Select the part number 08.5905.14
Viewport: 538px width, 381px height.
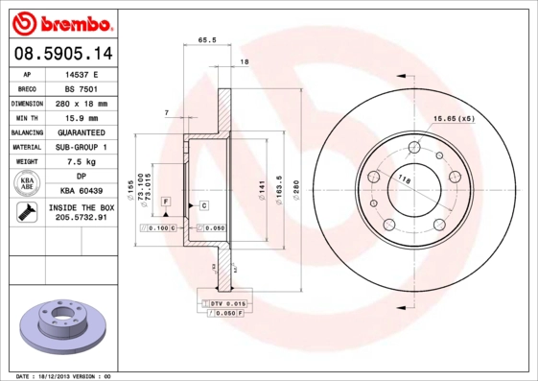[x=58, y=54]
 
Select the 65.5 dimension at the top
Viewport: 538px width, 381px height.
[x=205, y=40]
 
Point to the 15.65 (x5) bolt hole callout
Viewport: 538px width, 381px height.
[x=454, y=119]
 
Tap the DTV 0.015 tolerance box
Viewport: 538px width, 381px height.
[x=222, y=303]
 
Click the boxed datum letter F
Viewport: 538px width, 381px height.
[x=165, y=201]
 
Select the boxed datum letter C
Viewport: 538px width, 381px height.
[x=204, y=205]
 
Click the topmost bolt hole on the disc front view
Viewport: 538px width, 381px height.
[x=414, y=147]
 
